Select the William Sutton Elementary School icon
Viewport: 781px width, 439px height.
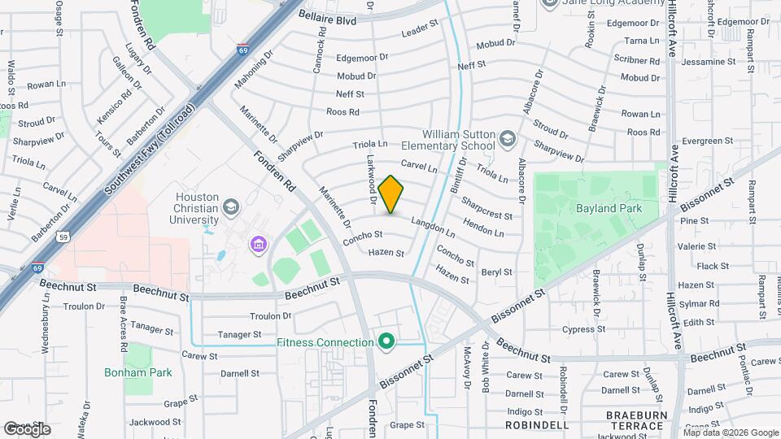click(x=508, y=140)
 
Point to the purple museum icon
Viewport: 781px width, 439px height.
click(x=259, y=244)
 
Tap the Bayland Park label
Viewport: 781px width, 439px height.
click(x=609, y=208)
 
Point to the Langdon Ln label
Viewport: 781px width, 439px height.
click(x=433, y=222)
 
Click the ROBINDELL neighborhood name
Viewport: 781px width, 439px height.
click(x=537, y=425)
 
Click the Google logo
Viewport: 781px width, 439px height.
click(x=27, y=428)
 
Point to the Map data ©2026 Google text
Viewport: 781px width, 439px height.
click(x=730, y=432)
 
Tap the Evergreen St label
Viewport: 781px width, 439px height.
click(x=702, y=141)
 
